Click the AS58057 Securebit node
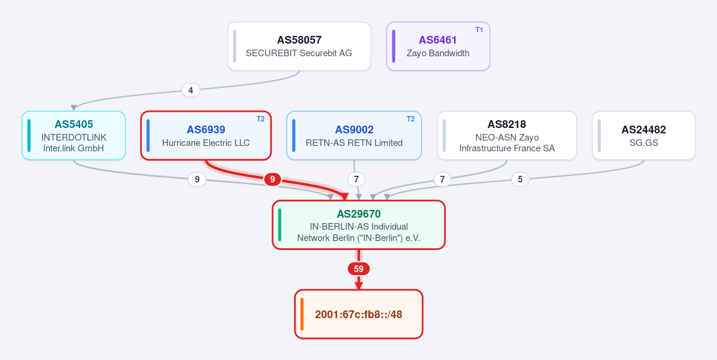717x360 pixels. pos(299,46)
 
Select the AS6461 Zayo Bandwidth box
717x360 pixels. pos(438,46)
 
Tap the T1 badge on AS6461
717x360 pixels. pos(479,30)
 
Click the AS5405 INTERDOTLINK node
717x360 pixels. pos(74,135)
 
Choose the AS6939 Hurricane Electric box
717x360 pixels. pos(206,135)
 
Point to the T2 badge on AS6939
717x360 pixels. pos(260,120)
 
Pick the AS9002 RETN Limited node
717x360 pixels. pos(354,135)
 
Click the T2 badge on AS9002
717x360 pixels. pos(411,120)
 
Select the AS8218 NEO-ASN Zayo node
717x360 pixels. pos(507,135)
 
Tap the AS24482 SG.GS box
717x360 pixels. pos(644,135)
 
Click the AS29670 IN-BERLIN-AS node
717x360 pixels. pos(359,225)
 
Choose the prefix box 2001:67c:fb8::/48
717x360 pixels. pos(359,315)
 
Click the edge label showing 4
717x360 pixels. pos(191,90)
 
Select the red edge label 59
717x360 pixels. pos(359,269)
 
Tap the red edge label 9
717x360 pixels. pos(273,179)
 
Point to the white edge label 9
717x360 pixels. pos(197,179)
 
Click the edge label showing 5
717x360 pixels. pos(520,179)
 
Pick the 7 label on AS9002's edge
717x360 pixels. pos(356,179)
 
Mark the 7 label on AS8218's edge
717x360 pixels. pos(442,179)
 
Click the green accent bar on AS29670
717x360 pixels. pos(280,225)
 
